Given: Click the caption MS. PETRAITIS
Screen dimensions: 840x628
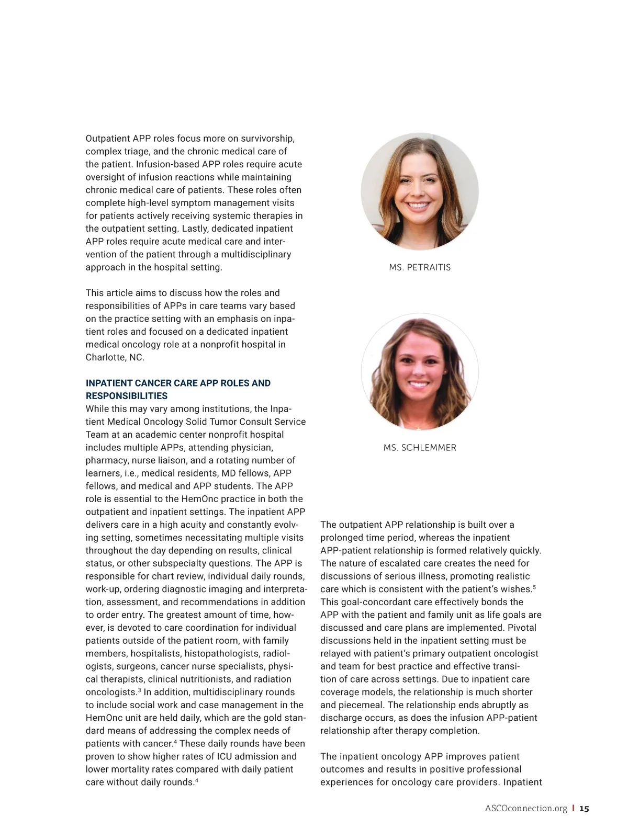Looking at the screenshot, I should tap(420, 267).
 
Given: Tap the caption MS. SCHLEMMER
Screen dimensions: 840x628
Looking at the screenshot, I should tap(420, 448).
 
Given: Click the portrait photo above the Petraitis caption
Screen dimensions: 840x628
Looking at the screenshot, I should tap(420, 191).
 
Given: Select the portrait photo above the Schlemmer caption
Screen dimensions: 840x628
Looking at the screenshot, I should tap(420, 372).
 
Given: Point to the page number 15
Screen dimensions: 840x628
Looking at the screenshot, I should tap(584, 809).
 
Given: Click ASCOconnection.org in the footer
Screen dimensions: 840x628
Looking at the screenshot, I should tap(526, 809).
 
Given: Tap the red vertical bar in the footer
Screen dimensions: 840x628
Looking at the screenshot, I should tap(573, 809).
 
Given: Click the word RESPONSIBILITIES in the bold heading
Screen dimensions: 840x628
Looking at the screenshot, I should tap(127, 396).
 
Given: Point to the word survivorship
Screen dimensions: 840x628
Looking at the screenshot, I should tap(266, 139).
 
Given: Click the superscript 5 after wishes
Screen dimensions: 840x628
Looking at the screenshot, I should tap(534, 587).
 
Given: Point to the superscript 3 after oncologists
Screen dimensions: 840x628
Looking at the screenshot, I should tap(139, 690).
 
